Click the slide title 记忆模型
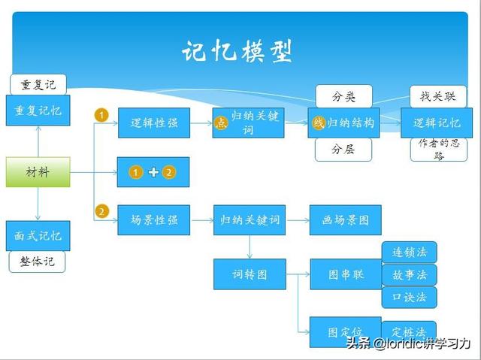tap(237, 51)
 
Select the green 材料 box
tap(38, 172)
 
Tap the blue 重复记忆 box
tap(38, 110)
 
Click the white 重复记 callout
tap(38, 85)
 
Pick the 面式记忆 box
tap(38, 236)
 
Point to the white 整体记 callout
tap(37, 262)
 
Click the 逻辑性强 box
tap(154, 123)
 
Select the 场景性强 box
tap(154, 220)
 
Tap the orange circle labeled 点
tap(221, 123)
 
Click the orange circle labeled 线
tap(319, 123)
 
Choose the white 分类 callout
tap(344, 97)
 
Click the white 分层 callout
tap(343, 150)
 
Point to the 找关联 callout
tap(438, 97)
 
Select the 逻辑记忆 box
tap(437, 123)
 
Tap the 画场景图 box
tap(346, 220)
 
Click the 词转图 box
tap(250, 274)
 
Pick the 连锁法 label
tap(410, 253)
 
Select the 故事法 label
tap(410, 275)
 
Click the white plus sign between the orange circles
tap(153, 172)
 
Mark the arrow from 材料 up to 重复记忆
tap(38, 141)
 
